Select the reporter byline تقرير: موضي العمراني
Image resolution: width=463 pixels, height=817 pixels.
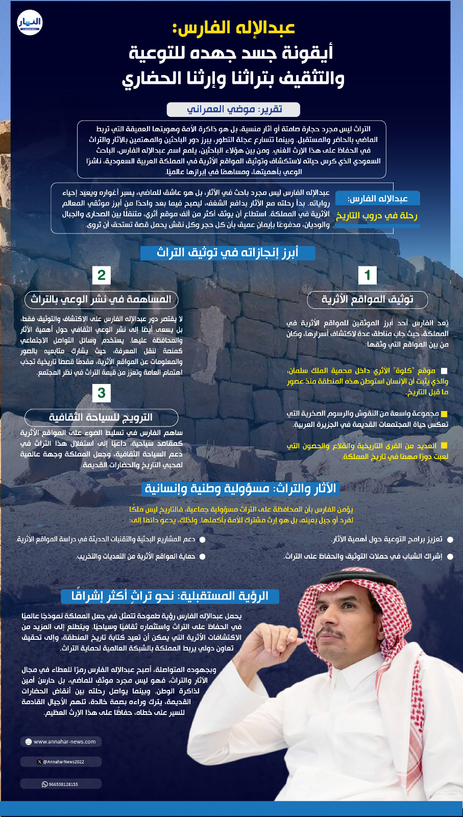click(x=233, y=109)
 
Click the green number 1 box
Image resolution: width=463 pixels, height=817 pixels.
click(x=367, y=275)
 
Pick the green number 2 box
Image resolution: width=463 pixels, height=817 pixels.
click(x=102, y=275)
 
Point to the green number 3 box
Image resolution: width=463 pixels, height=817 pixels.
click(x=102, y=393)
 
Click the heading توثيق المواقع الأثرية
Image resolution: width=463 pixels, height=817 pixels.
click(x=367, y=299)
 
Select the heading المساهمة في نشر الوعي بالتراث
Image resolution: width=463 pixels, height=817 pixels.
click(x=101, y=299)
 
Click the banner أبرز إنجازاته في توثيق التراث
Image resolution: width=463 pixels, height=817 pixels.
click(x=228, y=253)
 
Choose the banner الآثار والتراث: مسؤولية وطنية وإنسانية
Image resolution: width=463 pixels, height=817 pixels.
click(x=240, y=489)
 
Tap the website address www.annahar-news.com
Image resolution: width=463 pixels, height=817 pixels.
click(x=61, y=741)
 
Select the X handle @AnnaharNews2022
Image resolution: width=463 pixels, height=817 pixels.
click(x=61, y=761)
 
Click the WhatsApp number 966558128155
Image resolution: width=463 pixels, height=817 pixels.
click(x=61, y=784)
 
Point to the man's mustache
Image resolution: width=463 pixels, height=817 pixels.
click(x=332, y=633)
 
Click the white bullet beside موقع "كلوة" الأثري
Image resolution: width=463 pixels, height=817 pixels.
click(x=444, y=371)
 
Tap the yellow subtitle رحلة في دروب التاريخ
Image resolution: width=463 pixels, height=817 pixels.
click(x=377, y=216)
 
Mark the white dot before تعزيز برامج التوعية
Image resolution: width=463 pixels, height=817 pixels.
click(x=450, y=540)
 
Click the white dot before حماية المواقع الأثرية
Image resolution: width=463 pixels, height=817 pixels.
click(x=202, y=557)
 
